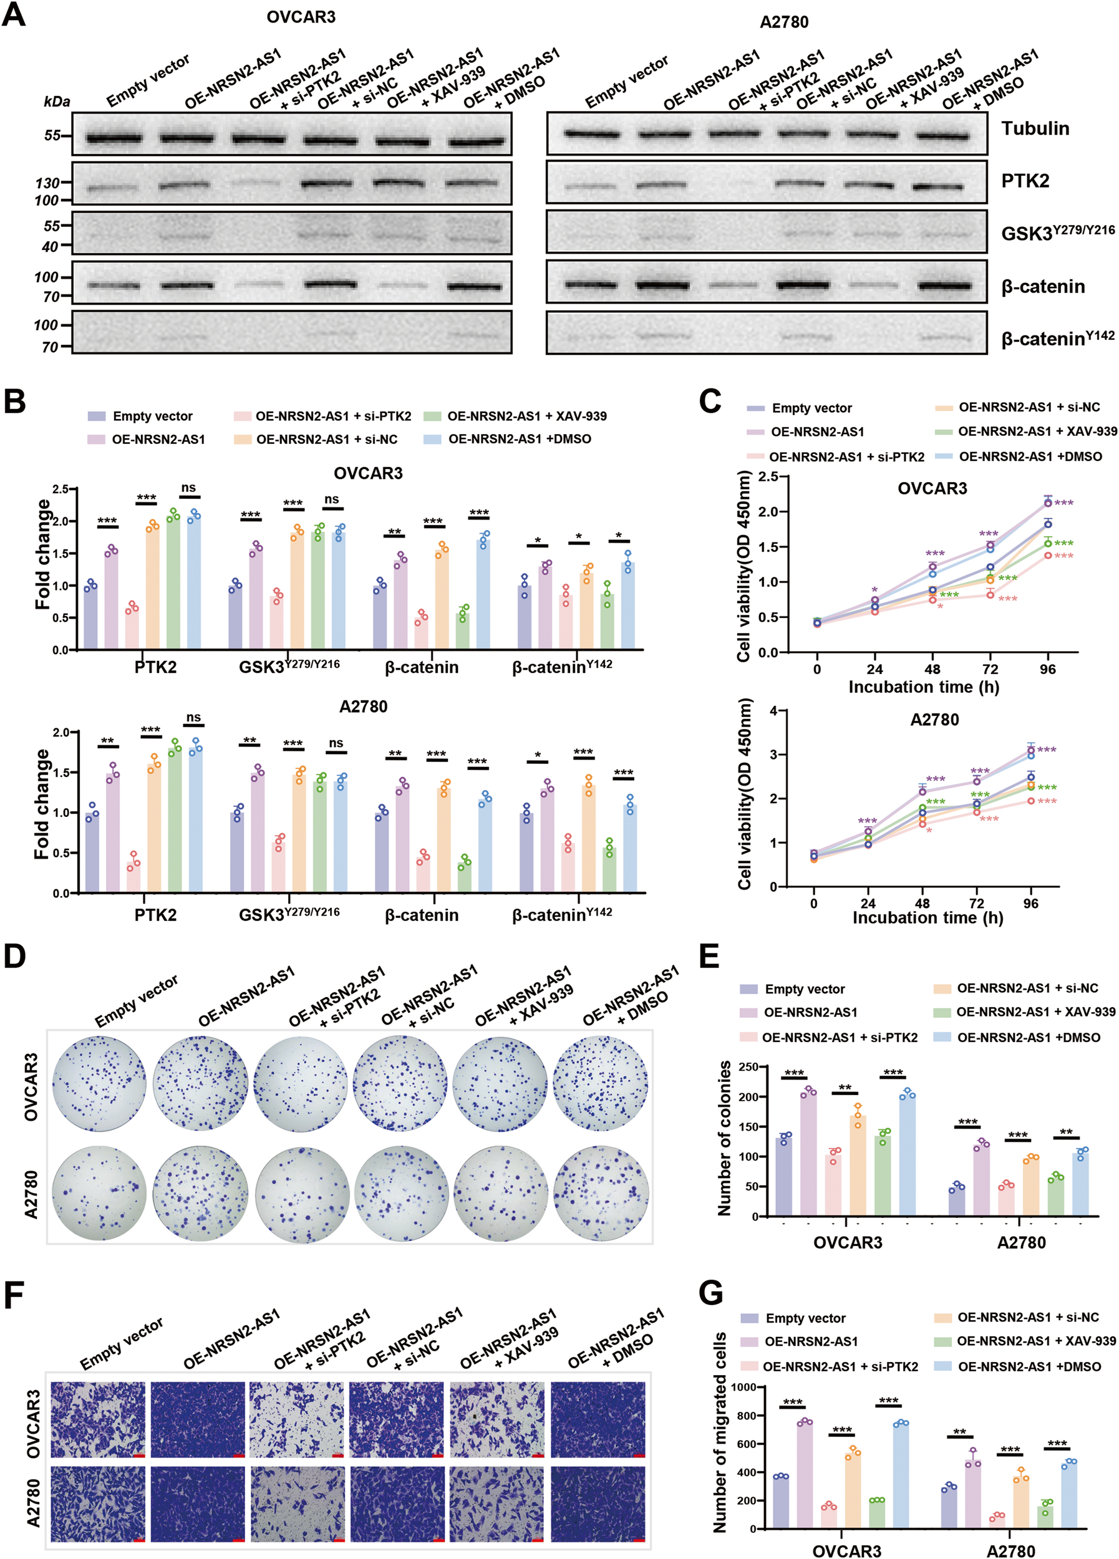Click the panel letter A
(15, 14)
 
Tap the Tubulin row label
(1034, 128)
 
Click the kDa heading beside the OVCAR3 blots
(56, 102)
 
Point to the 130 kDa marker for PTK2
(48, 183)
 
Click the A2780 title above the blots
(783, 22)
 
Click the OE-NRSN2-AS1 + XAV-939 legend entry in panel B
(526, 416)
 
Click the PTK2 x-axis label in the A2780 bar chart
(155, 915)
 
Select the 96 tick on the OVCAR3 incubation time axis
(1047, 669)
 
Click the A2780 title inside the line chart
(934, 720)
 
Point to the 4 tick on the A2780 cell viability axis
(773, 711)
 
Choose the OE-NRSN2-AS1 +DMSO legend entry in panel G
(1029, 1366)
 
